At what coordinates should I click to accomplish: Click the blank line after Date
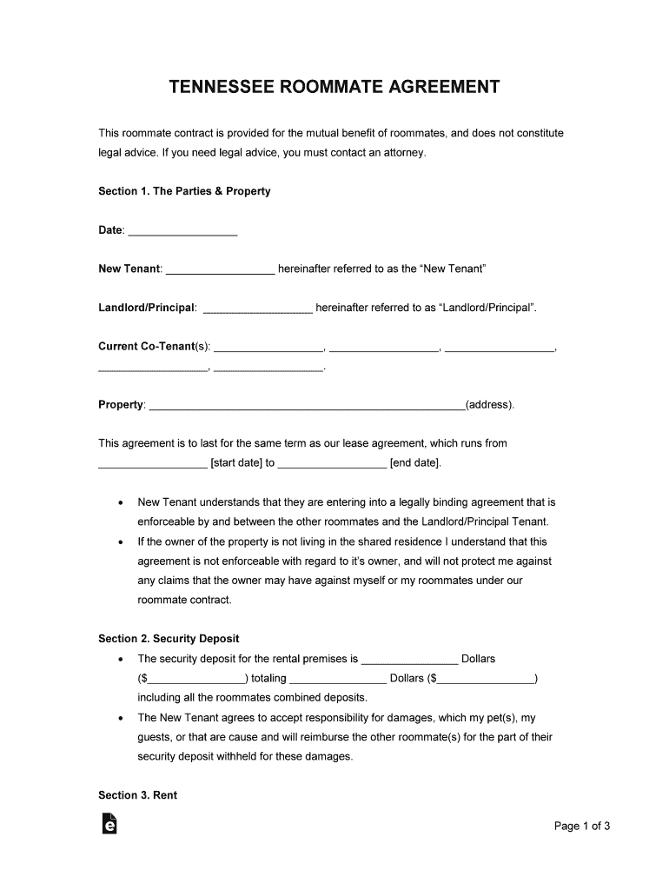point(182,230)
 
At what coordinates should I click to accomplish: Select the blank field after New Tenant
point(220,269)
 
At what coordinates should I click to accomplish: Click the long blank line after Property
point(308,405)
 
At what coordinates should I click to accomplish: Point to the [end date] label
point(415,463)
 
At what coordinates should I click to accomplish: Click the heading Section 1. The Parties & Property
point(184,191)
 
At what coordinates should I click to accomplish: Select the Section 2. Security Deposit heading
point(169,639)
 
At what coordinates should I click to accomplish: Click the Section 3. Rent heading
point(137,795)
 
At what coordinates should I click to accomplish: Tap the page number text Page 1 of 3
point(582,827)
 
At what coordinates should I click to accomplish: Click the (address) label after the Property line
point(490,405)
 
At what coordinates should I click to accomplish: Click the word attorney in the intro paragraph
point(402,153)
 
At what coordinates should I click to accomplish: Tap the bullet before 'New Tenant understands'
point(120,503)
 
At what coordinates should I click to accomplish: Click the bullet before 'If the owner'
point(120,541)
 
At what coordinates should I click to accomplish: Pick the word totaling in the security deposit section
point(268,678)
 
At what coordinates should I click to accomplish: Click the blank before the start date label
point(153,463)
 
